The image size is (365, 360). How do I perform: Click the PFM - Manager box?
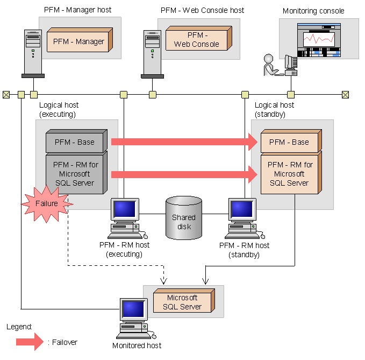point(78,41)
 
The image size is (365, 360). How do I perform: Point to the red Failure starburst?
point(46,204)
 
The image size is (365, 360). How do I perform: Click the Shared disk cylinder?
point(184,217)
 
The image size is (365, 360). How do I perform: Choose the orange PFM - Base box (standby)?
point(289,142)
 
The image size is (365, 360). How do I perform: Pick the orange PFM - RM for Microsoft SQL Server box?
point(289,173)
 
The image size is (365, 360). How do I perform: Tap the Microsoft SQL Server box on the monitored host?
point(182,302)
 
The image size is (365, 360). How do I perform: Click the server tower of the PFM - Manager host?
point(33,53)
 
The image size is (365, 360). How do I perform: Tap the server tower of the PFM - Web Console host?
point(152,53)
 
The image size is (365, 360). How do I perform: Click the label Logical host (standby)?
point(274,110)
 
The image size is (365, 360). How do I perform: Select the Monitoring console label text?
point(313,11)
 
